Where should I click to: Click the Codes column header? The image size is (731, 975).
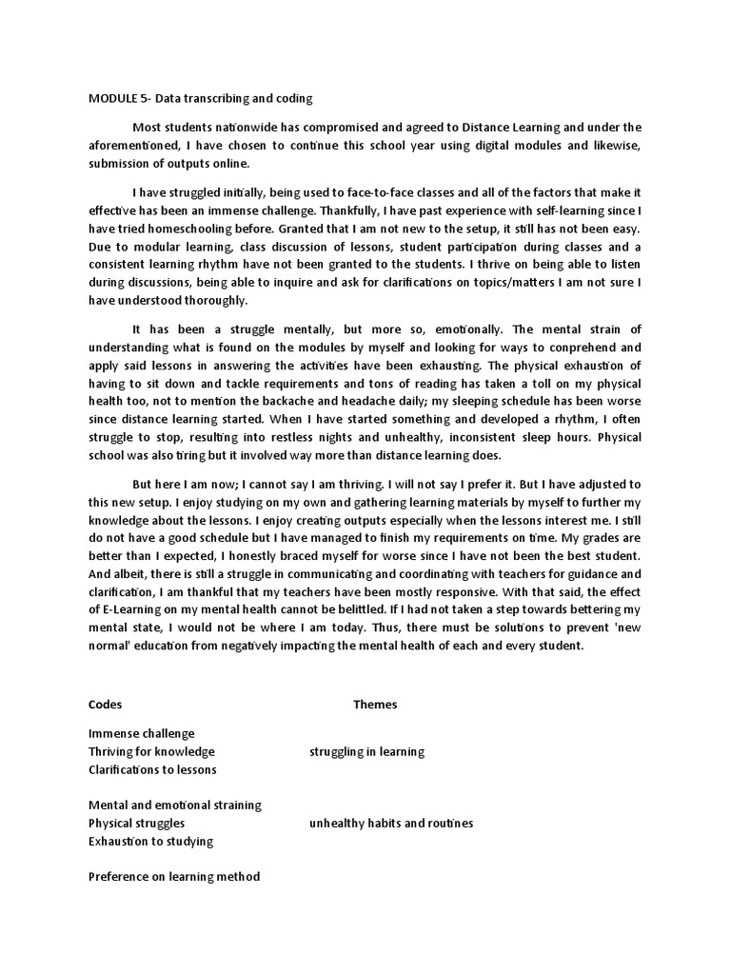coord(105,705)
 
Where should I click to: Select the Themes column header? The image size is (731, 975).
coord(375,705)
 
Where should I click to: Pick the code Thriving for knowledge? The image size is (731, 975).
coord(151,751)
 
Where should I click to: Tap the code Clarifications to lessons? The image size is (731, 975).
coord(152,769)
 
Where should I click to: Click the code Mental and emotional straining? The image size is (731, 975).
coord(174,806)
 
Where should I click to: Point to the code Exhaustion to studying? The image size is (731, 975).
coord(150,841)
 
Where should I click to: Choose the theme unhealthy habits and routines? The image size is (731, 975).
coord(390,824)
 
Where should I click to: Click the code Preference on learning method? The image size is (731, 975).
coord(173,877)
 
